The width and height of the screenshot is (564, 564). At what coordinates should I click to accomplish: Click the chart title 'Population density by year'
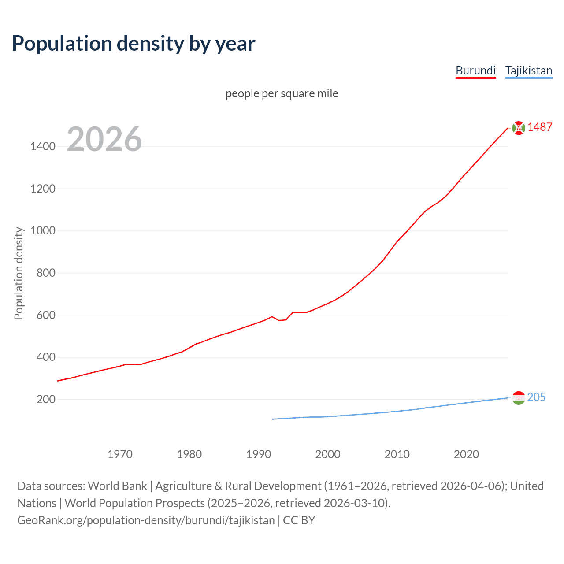point(134,44)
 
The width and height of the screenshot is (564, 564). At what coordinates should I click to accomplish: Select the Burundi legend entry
point(475,70)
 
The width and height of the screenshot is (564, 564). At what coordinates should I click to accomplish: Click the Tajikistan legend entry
point(528,70)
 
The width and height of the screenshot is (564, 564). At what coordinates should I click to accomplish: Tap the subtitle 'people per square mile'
point(282,93)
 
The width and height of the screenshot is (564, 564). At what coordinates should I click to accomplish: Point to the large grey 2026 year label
point(104,139)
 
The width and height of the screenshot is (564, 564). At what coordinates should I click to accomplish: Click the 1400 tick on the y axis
point(43,147)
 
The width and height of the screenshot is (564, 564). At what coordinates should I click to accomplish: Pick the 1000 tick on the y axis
point(43,231)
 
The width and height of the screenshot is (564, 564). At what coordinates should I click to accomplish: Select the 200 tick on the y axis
point(46,399)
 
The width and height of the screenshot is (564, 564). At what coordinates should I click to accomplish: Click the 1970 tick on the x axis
point(120,454)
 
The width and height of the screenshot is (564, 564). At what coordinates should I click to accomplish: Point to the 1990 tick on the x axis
point(259,454)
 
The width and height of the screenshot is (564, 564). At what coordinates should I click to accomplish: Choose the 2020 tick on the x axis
point(466,454)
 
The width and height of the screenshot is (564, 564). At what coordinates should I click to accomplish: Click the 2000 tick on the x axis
point(328,454)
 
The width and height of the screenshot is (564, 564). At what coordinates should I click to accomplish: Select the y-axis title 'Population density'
point(19,273)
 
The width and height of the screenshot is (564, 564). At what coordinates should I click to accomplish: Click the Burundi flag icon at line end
point(519,128)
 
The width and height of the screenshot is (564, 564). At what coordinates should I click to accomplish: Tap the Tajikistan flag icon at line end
point(519,398)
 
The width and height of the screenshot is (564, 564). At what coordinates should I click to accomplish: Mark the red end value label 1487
point(540,127)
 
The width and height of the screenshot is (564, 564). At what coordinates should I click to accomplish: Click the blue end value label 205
point(536,397)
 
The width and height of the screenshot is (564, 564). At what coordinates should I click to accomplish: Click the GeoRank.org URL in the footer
point(146,520)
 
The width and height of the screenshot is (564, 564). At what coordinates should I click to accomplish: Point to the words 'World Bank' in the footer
point(117,486)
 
